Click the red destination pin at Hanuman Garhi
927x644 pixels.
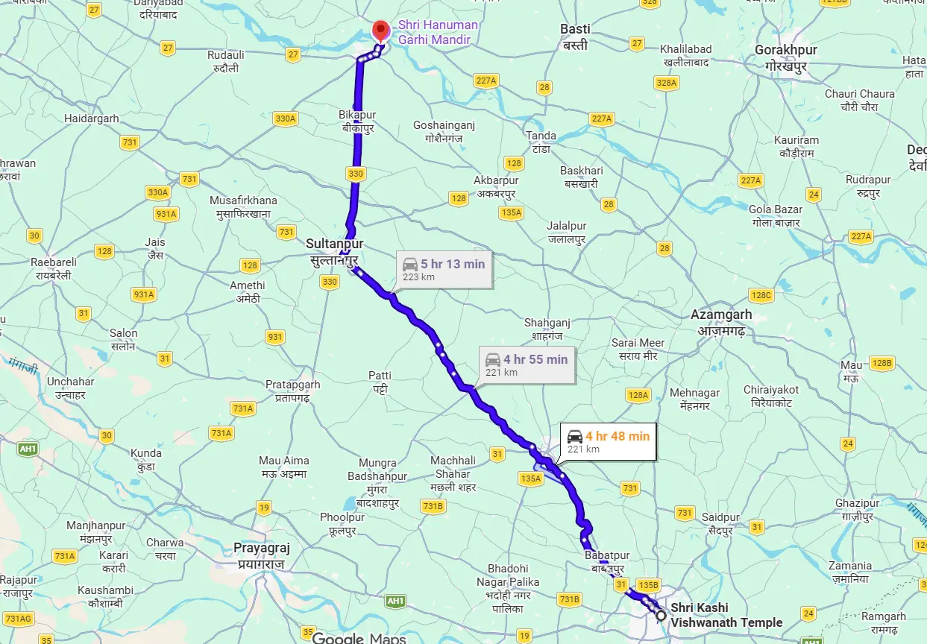click(381, 31)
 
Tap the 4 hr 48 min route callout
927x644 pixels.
click(609, 442)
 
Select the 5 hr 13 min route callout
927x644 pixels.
click(444, 270)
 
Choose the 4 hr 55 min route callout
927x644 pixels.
click(527, 365)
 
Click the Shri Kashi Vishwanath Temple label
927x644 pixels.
click(726, 615)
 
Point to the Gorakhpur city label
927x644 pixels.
click(786, 57)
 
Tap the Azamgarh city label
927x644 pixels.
click(721, 321)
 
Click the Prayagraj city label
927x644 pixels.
click(261, 555)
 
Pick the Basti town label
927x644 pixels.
click(575, 37)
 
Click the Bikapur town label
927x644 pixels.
click(357, 121)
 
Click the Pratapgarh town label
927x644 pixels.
click(293, 391)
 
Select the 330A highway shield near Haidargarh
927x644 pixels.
click(285, 119)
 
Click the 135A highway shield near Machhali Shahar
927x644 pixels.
click(530, 479)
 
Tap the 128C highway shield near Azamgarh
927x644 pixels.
click(761, 295)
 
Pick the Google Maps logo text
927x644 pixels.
click(359, 638)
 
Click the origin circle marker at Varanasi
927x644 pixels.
click(661, 615)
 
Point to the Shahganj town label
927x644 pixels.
click(547, 329)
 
